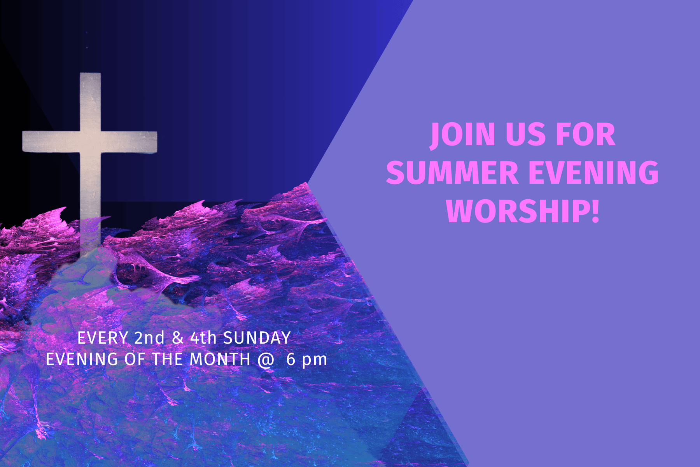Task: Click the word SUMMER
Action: tap(452, 172)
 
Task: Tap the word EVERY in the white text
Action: tap(103, 338)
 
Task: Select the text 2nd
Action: tap(149, 338)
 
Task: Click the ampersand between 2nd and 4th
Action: tap(177, 338)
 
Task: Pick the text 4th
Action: tap(203, 338)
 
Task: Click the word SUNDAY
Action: tap(257, 338)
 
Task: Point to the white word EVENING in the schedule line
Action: tap(82, 359)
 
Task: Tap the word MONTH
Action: tap(220, 359)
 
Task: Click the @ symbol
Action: tap(266, 360)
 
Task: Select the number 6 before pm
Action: tap(291, 359)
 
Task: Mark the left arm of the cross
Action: tap(51, 142)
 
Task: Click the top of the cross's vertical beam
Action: tap(90, 74)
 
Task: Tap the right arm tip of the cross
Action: tap(156, 142)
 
